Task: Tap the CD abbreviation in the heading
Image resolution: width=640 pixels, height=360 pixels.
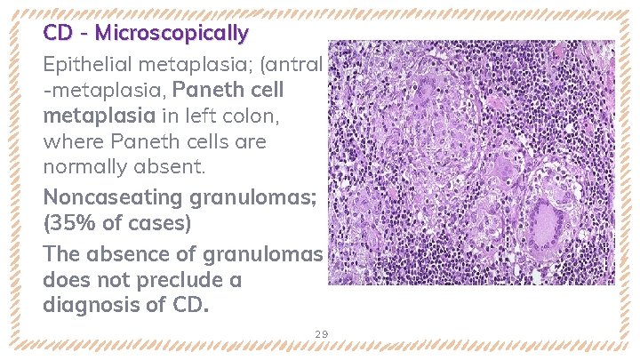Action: pos(58,34)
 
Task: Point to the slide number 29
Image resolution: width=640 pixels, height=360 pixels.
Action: pos(321,333)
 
